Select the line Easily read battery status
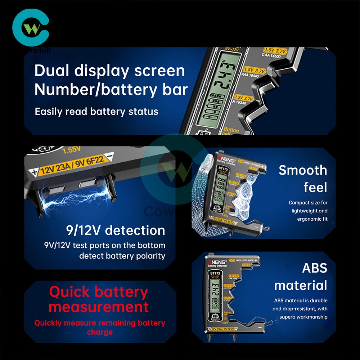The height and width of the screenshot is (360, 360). tap(96, 112)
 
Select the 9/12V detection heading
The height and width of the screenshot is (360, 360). tap(115, 230)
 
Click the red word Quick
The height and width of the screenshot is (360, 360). tap(69, 292)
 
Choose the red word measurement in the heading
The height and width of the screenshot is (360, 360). tap(99, 307)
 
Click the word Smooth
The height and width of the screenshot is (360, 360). tap(303, 170)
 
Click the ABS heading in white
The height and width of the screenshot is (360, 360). tap(314, 268)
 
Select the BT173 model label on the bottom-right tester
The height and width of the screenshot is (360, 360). tap(215, 273)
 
